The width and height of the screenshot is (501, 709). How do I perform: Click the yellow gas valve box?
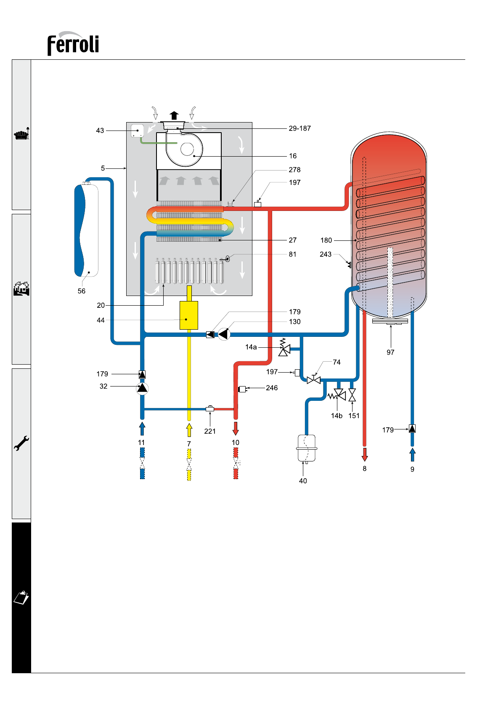(x=189, y=315)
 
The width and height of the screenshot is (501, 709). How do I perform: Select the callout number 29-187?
(x=300, y=128)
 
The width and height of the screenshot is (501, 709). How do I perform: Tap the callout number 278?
(x=294, y=170)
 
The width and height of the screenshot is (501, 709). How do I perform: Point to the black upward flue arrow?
(x=174, y=115)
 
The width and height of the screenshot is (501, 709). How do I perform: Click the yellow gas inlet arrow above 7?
(x=189, y=430)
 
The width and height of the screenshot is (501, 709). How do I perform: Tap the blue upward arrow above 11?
(x=142, y=429)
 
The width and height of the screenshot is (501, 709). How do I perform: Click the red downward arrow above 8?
(x=365, y=455)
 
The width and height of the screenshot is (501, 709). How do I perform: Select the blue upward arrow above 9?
(x=412, y=455)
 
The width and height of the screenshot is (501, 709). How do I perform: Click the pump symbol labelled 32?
(x=142, y=388)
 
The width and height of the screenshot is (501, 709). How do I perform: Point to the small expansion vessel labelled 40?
(x=307, y=448)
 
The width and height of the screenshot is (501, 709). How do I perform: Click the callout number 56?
(x=81, y=291)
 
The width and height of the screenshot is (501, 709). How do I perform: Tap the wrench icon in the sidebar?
(x=21, y=443)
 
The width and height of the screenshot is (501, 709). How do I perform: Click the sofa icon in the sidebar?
(x=21, y=134)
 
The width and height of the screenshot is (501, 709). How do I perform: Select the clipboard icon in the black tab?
(x=21, y=597)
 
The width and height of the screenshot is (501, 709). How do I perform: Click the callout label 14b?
(x=337, y=416)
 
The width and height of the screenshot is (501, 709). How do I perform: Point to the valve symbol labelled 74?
(x=314, y=379)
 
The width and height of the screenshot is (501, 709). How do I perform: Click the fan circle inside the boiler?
(x=187, y=149)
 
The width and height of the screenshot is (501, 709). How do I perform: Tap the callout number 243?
(x=326, y=254)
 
